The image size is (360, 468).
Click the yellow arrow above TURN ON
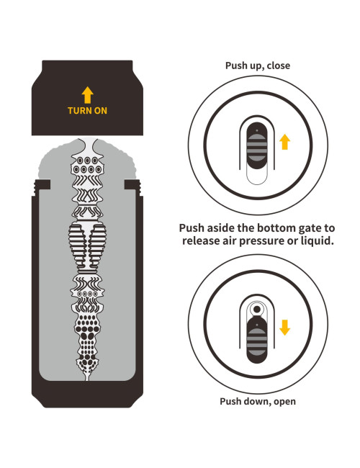pyautogui.click(x=87, y=95)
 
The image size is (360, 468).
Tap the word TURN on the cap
pyautogui.click(x=80, y=111)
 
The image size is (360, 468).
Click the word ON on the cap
pyautogui.click(x=101, y=111)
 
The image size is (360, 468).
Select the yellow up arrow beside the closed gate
pyautogui.click(x=285, y=142)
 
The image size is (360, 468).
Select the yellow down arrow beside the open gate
pyautogui.click(x=285, y=328)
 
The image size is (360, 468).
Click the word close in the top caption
pyautogui.click(x=278, y=66)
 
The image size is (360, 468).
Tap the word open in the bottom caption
pyautogui.click(x=284, y=402)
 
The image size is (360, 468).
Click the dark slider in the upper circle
pyautogui.click(x=257, y=145)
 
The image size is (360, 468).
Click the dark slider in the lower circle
pyautogui.click(x=257, y=340)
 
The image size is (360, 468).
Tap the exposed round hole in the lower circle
pyautogui.click(x=257, y=310)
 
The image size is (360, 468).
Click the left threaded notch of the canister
pyautogui.click(x=42, y=186)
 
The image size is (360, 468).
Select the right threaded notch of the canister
pyautogui.click(x=132, y=186)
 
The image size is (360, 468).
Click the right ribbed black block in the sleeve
pyautogui.click(x=98, y=246)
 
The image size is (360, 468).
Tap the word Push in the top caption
pyautogui.click(x=235, y=66)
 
